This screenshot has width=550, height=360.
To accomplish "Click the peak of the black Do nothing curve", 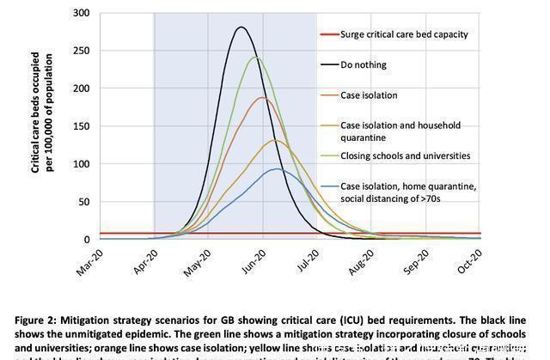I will [241, 27].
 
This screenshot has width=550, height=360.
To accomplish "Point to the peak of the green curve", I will [255, 58].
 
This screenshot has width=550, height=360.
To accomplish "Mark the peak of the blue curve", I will [275, 168].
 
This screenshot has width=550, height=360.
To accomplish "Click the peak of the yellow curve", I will [275, 140].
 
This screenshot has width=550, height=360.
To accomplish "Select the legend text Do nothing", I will [364, 64].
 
